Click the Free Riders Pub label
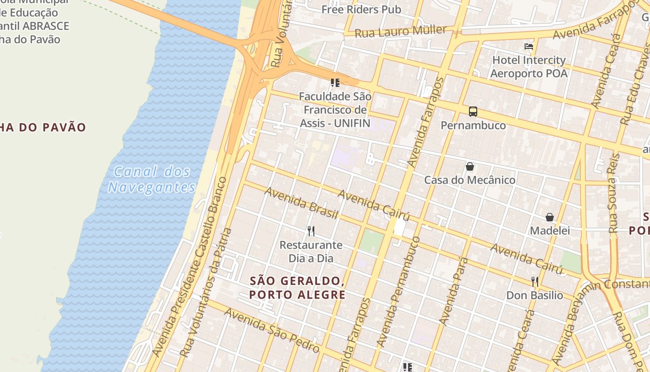(361, 9)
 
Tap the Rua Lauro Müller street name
(401, 32)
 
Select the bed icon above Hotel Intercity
(529, 46)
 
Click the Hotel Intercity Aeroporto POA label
(529, 67)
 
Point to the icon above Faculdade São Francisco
(335, 83)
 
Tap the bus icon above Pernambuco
(473, 112)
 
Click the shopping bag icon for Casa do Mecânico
(470, 166)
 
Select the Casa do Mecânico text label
(470, 180)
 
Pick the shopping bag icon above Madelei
(550, 217)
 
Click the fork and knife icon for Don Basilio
(535, 281)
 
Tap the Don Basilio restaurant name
(534, 295)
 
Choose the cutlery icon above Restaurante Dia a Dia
(311, 231)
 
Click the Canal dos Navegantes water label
(152, 179)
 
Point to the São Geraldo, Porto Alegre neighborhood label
(297, 288)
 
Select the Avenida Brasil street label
(301, 203)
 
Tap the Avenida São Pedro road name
(272, 331)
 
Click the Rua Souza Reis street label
(613, 193)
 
